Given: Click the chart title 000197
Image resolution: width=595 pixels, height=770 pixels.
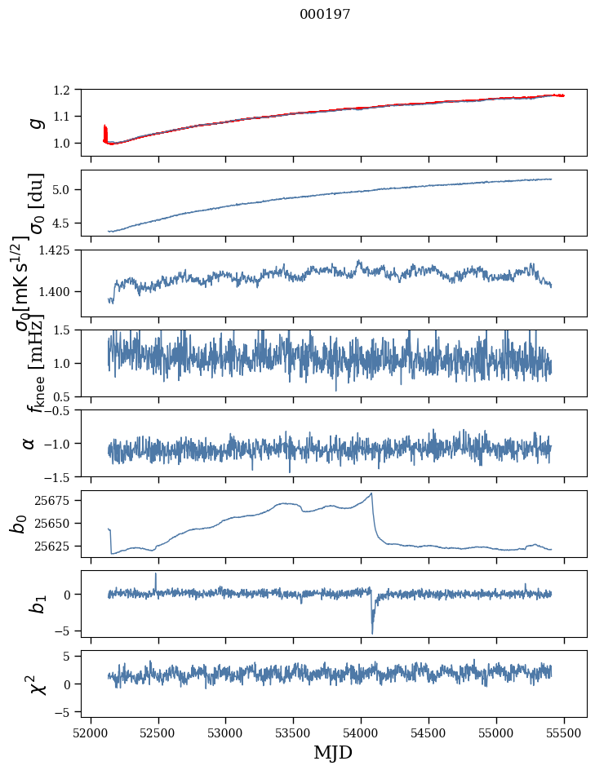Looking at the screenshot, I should [325, 15].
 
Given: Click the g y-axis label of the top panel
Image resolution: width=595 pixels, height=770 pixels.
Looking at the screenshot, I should [35, 122].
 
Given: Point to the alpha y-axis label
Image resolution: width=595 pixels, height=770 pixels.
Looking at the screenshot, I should [29, 443].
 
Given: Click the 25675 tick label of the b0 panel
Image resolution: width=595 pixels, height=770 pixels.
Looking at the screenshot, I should [55, 500].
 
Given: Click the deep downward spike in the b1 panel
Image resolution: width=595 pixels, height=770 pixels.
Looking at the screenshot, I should [372, 631].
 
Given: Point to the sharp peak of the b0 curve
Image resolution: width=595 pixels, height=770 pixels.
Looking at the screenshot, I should [371, 493].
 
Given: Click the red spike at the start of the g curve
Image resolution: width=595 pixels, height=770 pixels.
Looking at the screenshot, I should [104, 131].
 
